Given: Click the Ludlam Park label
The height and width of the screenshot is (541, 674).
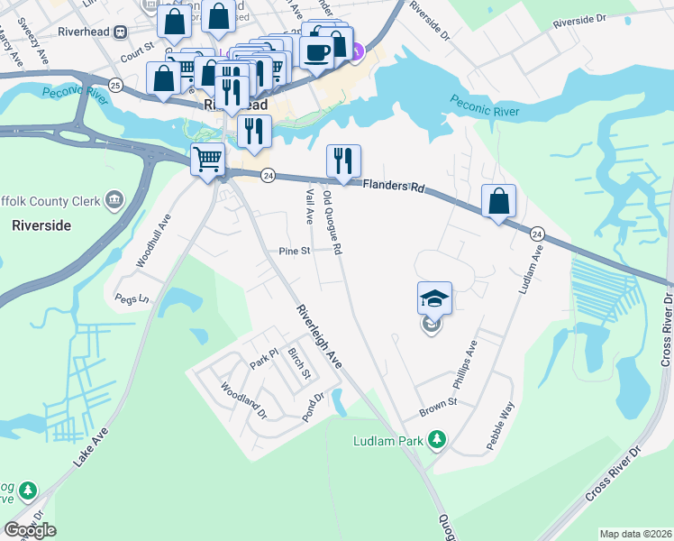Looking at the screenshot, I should point(387,440).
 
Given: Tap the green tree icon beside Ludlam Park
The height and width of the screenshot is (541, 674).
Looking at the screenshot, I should point(437,439).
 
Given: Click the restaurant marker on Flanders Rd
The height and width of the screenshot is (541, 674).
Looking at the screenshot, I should point(342,161).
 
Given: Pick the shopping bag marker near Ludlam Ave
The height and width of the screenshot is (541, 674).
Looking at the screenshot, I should point(498,201).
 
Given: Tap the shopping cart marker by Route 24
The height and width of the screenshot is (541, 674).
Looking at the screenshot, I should point(208,160).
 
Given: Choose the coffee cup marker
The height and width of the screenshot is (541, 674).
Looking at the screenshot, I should point(315,51).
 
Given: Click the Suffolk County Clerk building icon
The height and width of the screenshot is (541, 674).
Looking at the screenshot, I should point(114,198).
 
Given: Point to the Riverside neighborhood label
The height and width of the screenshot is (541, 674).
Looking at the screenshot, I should point(41,225).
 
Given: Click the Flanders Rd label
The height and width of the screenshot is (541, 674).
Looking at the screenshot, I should point(393,188).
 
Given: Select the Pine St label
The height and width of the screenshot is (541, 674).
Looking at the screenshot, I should point(294,251).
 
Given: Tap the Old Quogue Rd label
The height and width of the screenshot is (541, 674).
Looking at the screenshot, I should point(332,222).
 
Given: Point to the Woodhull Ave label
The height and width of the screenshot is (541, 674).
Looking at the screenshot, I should point(152,239).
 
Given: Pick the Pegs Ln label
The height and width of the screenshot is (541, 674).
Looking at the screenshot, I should point(131,298).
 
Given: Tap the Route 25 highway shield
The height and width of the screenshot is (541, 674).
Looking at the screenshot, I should point(114,84).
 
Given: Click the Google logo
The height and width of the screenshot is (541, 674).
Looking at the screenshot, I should point(30,530).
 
